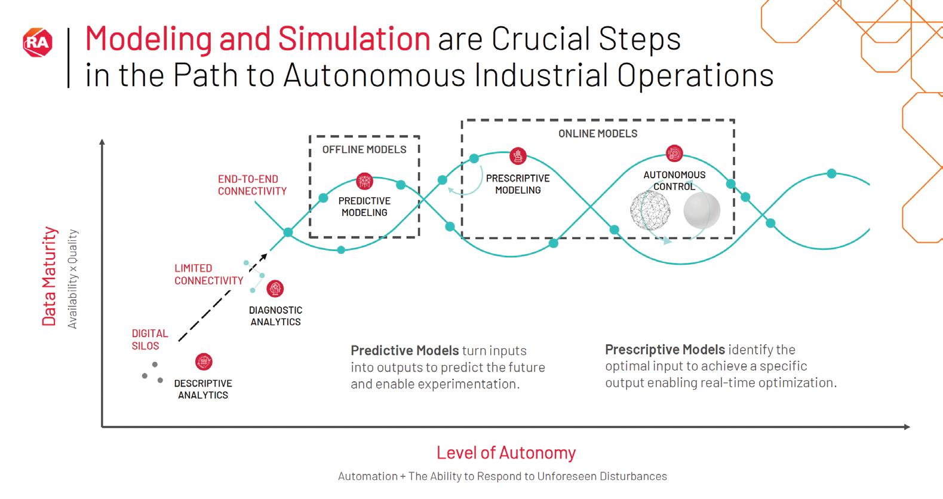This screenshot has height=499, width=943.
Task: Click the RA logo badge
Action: (x=38, y=42)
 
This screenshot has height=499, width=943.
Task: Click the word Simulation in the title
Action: (x=354, y=39)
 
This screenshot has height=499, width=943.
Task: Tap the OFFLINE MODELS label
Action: (x=364, y=149)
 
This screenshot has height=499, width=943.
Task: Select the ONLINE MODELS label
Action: (x=598, y=134)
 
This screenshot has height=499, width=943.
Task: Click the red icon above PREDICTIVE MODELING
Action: (x=364, y=180)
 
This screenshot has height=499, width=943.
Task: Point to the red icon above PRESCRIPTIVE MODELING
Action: (x=518, y=157)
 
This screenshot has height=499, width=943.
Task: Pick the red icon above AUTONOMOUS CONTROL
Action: (x=674, y=154)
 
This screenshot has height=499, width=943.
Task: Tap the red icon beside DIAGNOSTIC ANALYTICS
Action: (x=275, y=289)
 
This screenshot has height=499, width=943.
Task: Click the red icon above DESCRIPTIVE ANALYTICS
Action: (x=204, y=362)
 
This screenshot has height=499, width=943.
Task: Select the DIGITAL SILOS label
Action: (x=150, y=339)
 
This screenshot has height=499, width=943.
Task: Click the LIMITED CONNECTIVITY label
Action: (x=208, y=274)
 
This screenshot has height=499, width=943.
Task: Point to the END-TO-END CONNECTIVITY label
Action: (x=252, y=185)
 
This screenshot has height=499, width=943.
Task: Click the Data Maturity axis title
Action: (x=49, y=276)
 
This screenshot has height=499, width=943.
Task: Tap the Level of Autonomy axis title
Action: (x=506, y=452)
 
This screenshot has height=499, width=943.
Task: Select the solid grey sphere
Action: (x=702, y=210)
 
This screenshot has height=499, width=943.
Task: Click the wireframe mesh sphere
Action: (x=650, y=210)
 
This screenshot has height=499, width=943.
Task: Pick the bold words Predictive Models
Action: (x=404, y=351)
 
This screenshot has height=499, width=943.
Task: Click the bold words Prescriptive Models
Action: (x=665, y=350)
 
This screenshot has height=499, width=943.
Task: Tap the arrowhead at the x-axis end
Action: (x=907, y=427)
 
